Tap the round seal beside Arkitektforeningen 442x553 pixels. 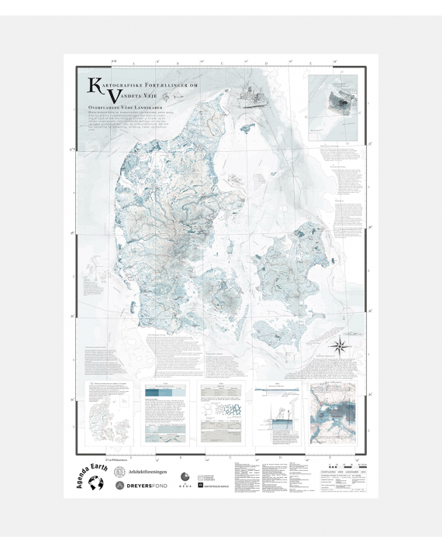pyautogui.click(x=120, y=471)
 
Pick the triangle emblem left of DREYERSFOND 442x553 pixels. pyautogui.click(x=120, y=486)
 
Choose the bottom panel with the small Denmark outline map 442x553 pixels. pyautogui.click(x=109, y=418)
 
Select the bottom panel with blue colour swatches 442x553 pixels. pyautogui.click(x=166, y=418)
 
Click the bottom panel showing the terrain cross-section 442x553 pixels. pyautogui.click(x=277, y=418)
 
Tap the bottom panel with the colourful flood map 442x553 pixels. pyautogui.click(x=332, y=418)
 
